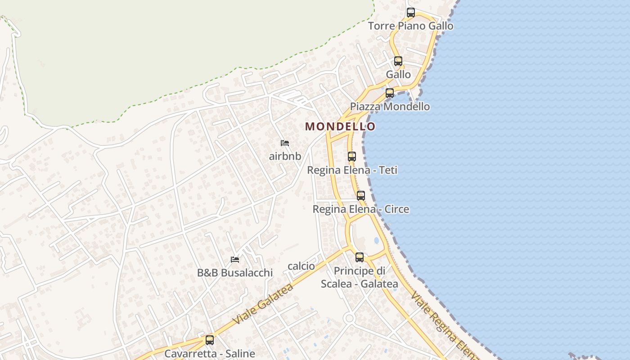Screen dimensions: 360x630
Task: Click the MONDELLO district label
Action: click(340, 126)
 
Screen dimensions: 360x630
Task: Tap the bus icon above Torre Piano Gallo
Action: click(411, 13)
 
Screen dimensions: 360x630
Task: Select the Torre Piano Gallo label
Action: click(411, 26)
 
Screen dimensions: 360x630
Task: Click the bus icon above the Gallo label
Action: click(398, 61)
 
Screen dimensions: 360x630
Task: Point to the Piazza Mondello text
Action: click(390, 107)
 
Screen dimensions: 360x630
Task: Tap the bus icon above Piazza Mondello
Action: click(390, 93)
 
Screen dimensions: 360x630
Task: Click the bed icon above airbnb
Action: click(285, 143)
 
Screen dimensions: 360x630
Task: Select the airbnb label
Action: click(285, 157)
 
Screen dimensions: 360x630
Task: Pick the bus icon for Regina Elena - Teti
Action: click(352, 157)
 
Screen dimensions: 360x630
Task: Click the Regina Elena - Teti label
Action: click(352, 171)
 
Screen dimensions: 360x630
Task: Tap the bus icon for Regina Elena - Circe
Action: click(361, 196)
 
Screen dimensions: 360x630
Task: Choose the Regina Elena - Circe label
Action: click(361, 209)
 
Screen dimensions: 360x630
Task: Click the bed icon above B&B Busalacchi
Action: click(235, 259)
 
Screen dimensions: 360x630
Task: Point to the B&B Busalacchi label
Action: click(235, 273)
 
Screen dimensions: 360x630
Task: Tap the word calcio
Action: click(301, 266)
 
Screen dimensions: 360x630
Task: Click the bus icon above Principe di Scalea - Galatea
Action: click(360, 257)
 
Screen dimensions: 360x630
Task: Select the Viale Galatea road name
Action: click(264, 304)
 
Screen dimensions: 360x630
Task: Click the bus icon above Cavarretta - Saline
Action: click(210, 340)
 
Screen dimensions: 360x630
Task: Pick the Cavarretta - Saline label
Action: click(210, 354)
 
